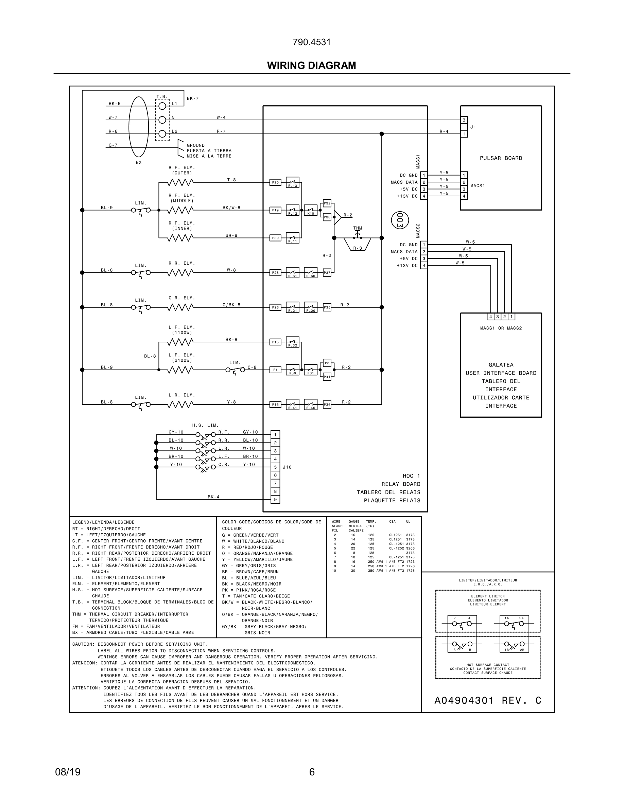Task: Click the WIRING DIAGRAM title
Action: point(311,66)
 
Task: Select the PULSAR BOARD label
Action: point(501,158)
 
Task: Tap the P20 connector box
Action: point(275,182)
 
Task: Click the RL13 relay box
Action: point(292,182)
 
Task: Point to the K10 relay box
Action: point(311,210)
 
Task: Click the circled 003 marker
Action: point(400,220)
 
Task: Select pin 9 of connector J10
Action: point(275,500)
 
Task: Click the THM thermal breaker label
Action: point(358,228)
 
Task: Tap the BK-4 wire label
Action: point(213,497)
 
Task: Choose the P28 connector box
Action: point(275,273)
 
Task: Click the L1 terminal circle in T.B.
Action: point(162,106)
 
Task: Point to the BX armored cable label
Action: point(139,163)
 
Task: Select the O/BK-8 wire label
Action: point(231,305)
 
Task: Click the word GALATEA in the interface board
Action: point(501,365)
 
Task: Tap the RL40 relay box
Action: point(311,405)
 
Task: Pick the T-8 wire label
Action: point(231,180)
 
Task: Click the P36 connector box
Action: point(327,405)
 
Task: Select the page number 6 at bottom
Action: point(312,772)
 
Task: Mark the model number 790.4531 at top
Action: point(311,42)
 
